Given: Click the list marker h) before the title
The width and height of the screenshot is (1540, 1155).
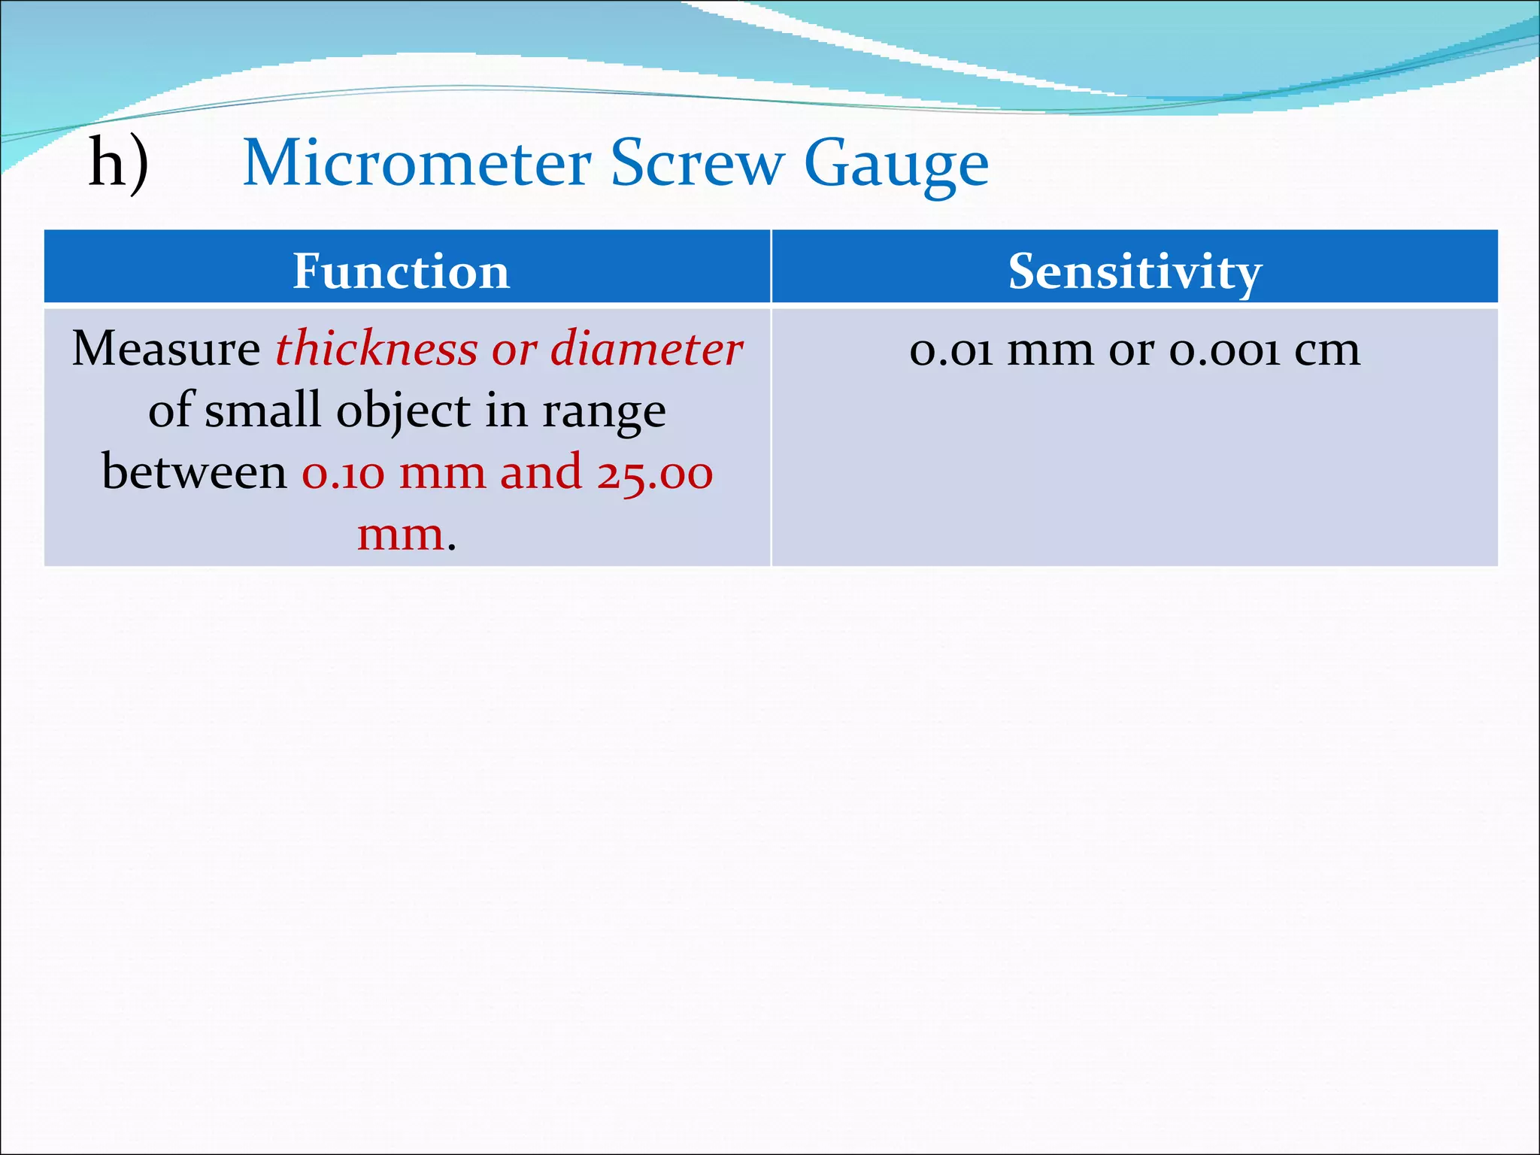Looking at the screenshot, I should (x=119, y=163).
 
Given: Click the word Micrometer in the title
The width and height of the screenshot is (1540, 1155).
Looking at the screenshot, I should (x=417, y=163).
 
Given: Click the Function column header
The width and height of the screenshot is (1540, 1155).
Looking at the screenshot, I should (x=401, y=271).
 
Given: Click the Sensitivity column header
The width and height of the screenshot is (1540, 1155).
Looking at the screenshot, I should (x=1134, y=271).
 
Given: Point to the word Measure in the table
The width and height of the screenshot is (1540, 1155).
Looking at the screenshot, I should (x=166, y=349).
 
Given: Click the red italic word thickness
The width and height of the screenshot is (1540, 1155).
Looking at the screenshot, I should (x=376, y=349).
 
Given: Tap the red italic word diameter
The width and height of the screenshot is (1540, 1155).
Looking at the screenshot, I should (x=646, y=349).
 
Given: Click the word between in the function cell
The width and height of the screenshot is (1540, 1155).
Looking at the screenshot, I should (x=194, y=473).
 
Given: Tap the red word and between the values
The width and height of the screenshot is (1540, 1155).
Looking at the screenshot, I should (x=541, y=473).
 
